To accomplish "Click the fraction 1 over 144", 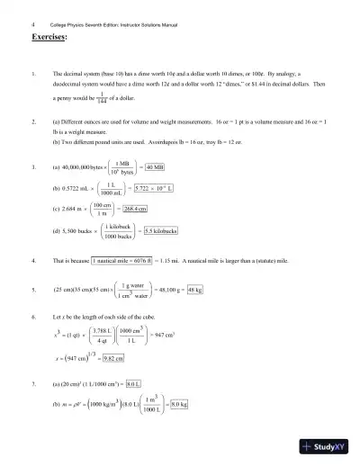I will click(x=102, y=95).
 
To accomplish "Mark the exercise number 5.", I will click(x=33, y=291).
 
